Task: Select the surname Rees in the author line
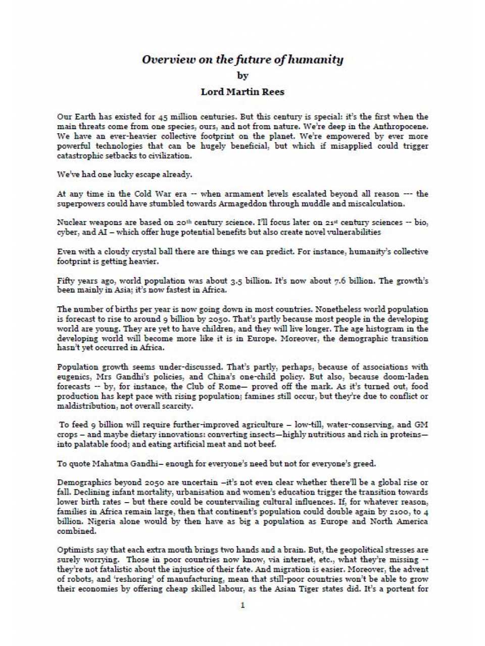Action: pos(273,92)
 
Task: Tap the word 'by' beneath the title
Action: pos(243,76)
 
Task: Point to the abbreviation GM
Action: pos(421,425)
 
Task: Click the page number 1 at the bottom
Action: pos(243,605)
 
